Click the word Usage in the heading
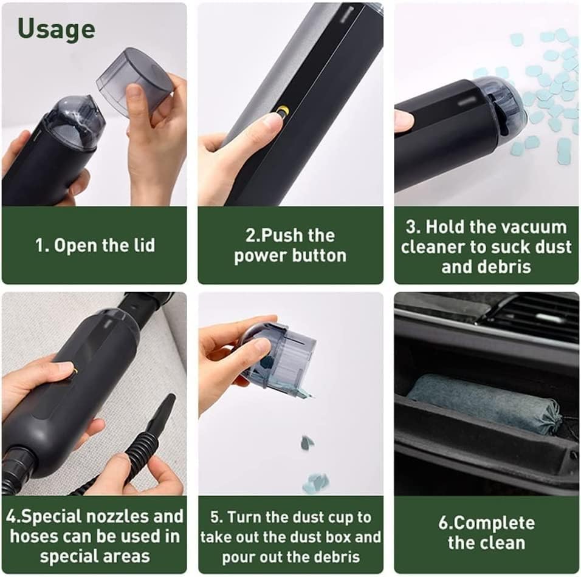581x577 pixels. tap(56, 29)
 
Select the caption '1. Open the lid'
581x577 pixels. tap(94, 245)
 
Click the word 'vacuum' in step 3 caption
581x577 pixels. tap(535, 227)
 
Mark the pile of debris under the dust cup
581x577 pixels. tap(314, 483)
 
